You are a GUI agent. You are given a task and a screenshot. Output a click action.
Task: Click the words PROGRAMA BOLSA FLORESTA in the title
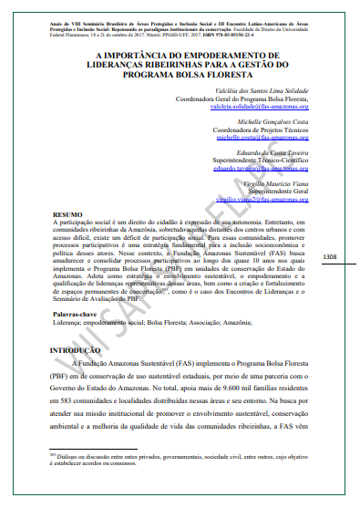coord(180,76)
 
